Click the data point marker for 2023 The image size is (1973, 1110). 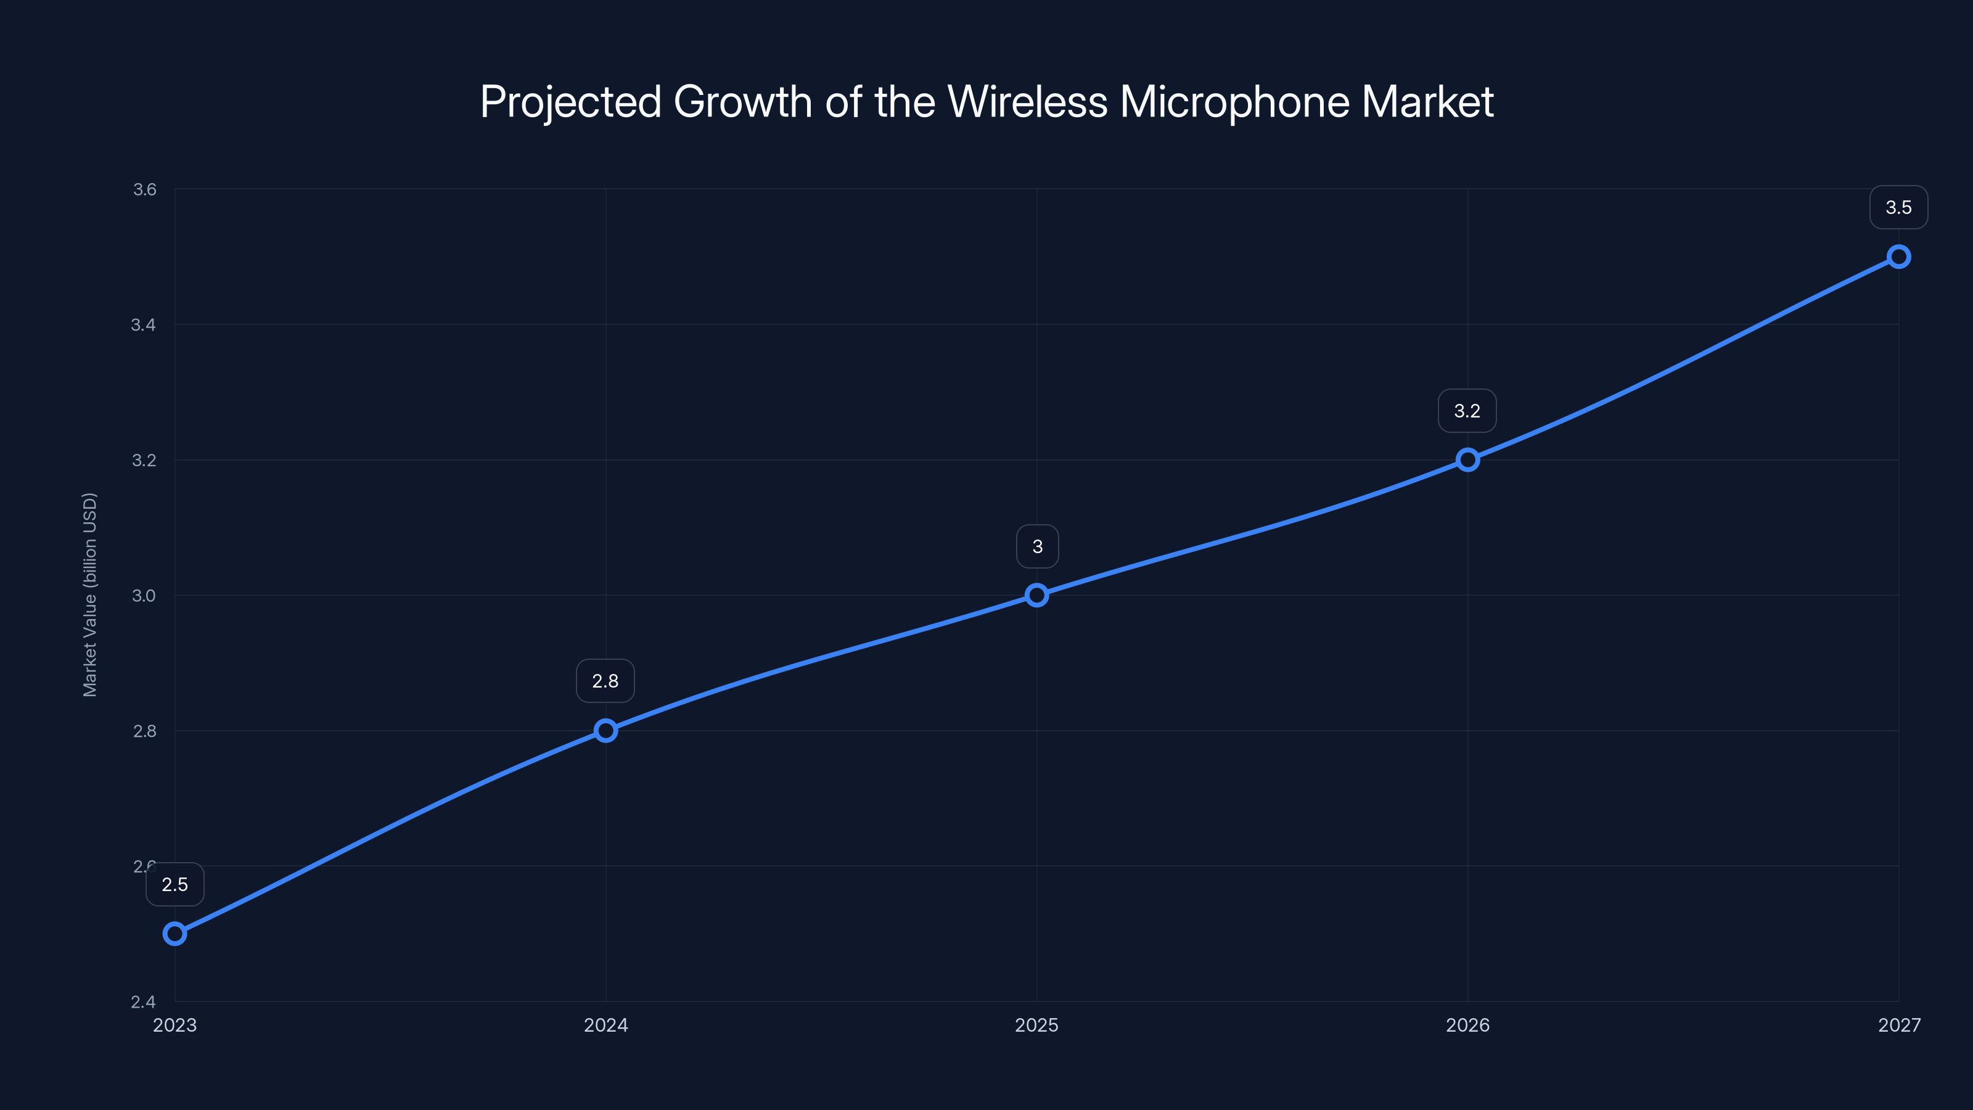point(174,934)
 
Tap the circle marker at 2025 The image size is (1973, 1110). point(1036,595)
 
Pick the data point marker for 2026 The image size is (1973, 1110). point(1467,459)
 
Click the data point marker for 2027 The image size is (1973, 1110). point(1898,257)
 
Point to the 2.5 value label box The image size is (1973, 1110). point(174,885)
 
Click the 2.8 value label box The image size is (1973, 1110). point(605,681)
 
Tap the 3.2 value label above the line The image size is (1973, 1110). point(1467,411)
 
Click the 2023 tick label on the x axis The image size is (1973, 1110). point(174,1025)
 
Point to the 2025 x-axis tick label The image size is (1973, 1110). point(1036,1025)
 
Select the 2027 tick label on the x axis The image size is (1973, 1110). point(1899,1025)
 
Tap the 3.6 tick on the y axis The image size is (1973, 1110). point(144,189)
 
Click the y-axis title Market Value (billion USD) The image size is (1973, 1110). point(89,595)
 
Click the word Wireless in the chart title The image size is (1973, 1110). point(1027,102)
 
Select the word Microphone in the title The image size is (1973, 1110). point(1234,102)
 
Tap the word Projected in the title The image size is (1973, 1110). point(570,102)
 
